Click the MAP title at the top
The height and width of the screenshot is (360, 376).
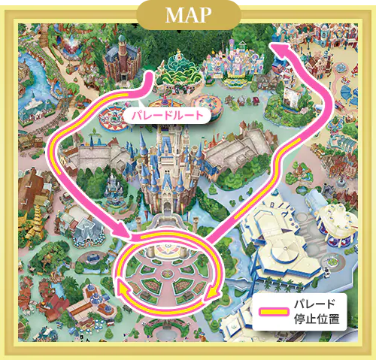pos(188,15)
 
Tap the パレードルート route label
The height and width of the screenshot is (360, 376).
pos(165,117)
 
